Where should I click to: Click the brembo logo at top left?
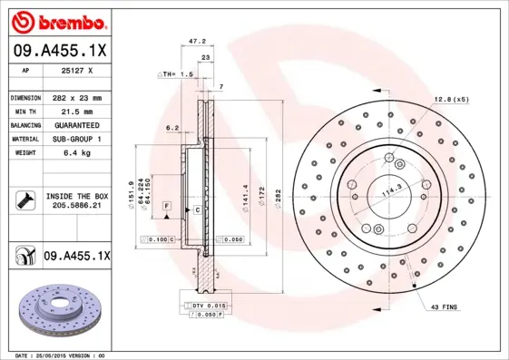(61, 21)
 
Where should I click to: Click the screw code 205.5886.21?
(75, 206)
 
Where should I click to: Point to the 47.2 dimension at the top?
(195, 41)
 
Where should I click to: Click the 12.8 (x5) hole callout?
(452, 98)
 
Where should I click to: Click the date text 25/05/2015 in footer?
(56, 355)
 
